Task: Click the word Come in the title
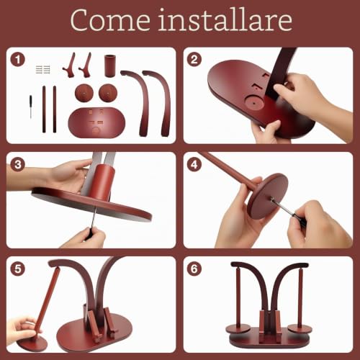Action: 110,20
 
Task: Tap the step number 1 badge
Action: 18,60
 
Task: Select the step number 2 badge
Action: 194,60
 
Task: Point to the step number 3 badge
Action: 18,165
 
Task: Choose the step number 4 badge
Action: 194,165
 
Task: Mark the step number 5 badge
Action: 18,269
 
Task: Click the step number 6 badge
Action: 194,269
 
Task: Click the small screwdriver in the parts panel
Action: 31,107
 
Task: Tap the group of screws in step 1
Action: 43,69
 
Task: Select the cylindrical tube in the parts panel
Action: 110,66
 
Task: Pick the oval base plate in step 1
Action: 96,122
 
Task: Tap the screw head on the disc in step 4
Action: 272,199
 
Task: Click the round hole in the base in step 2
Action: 253,103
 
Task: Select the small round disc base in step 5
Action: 32,343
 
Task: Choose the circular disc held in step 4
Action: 268,196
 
